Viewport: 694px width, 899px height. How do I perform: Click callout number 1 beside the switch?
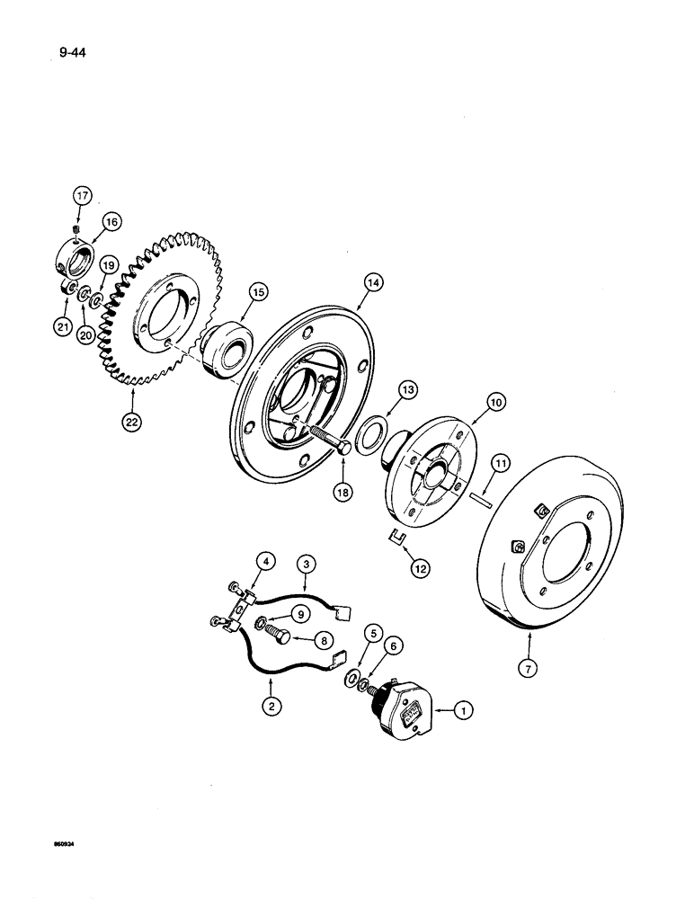(x=461, y=711)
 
